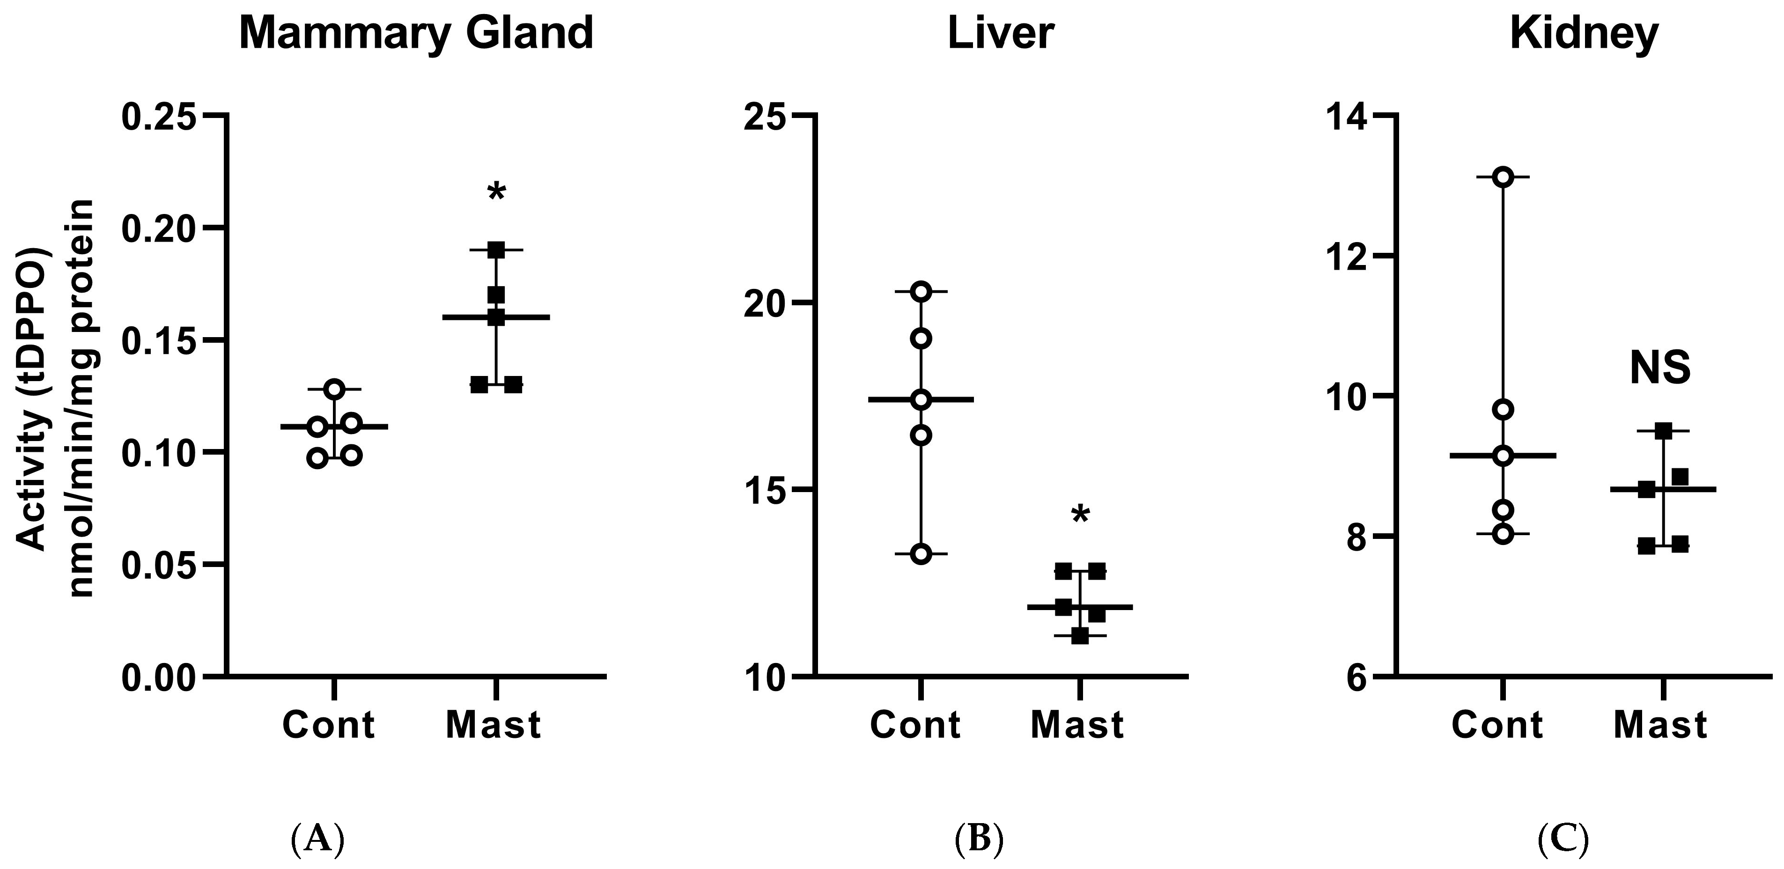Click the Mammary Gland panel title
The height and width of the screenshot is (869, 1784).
tap(416, 33)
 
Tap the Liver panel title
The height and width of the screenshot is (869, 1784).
tap(1001, 33)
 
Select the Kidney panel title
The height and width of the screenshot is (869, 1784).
tap(1584, 33)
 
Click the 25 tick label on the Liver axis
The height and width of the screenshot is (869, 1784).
tap(763, 116)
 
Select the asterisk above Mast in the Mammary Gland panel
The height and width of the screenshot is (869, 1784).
tap(496, 192)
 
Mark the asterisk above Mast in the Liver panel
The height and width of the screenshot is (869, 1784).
tap(1080, 515)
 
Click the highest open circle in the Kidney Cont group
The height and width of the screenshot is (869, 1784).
tap(1503, 177)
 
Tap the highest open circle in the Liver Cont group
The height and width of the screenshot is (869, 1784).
tap(921, 292)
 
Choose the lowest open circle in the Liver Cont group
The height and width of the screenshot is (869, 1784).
tap(921, 554)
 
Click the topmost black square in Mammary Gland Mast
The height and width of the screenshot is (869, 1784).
tap(496, 250)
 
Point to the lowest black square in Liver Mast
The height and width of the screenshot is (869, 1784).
tap(1080, 636)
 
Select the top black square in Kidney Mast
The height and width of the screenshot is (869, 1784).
tap(1664, 431)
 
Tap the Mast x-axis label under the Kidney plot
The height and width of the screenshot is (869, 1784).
tap(1660, 725)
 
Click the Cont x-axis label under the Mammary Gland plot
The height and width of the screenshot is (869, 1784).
tap(328, 725)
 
